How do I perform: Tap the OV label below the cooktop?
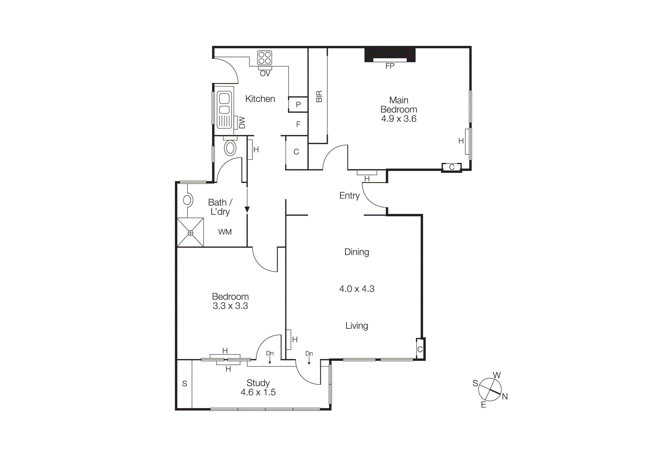[x=265, y=74]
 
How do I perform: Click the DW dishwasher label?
[x=242, y=123]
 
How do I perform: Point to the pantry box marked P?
[x=298, y=105]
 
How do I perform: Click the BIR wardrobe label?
[x=319, y=97]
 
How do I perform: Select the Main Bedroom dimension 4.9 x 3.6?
[x=398, y=119]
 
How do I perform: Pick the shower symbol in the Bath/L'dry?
[x=190, y=233]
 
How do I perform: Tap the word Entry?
[x=350, y=195]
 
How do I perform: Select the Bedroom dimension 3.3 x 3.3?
[x=230, y=306]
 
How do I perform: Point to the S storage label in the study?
[x=185, y=383]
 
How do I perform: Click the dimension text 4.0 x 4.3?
[x=357, y=289]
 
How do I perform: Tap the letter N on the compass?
[x=505, y=397]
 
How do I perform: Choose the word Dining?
[x=357, y=252]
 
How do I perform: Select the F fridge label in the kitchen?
[x=298, y=124]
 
